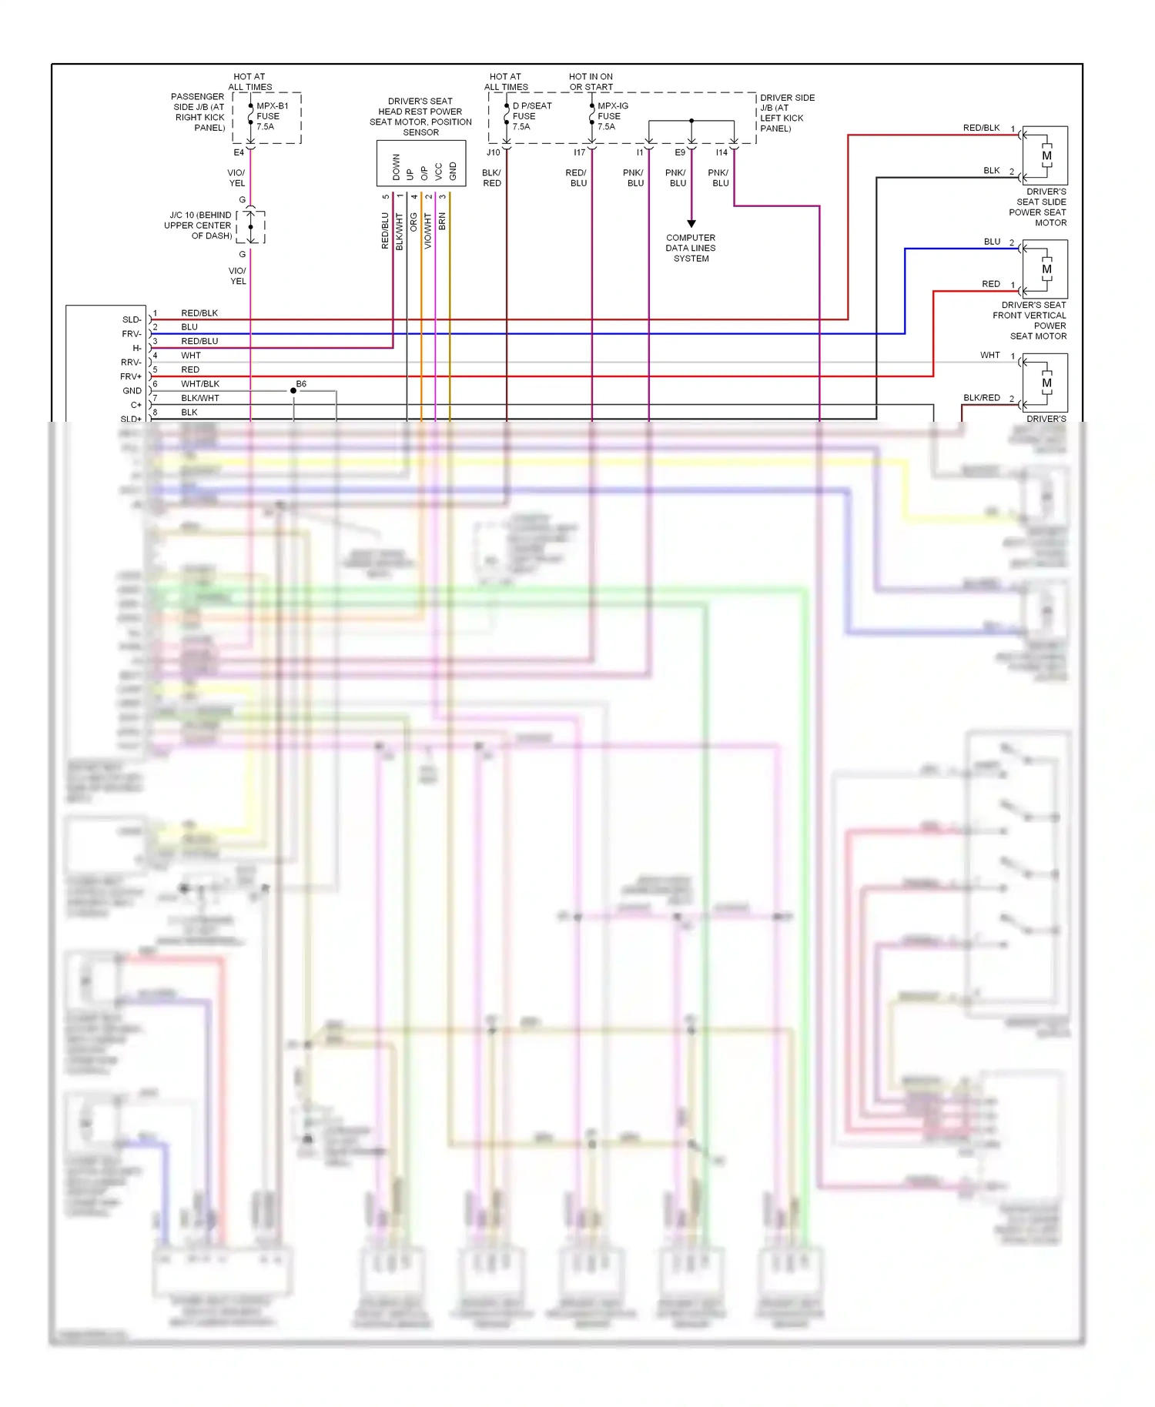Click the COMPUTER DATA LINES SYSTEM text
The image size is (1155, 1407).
691,248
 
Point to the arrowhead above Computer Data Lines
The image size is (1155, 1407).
691,223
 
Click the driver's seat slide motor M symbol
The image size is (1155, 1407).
1046,155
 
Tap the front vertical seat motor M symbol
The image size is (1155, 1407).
1046,269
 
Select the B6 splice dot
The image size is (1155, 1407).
293,391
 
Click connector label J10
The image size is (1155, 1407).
494,152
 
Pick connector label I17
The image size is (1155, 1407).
579,152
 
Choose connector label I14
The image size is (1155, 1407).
721,152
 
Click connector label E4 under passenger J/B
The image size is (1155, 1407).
239,152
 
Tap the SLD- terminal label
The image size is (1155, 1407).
132,319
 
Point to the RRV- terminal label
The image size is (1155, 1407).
131,362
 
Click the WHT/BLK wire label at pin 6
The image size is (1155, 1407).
200,383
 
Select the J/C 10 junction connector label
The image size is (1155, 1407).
198,226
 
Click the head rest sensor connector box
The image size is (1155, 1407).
421,163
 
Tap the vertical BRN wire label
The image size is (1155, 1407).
442,222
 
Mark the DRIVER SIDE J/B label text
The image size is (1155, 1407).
787,113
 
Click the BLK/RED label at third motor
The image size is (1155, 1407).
982,398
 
